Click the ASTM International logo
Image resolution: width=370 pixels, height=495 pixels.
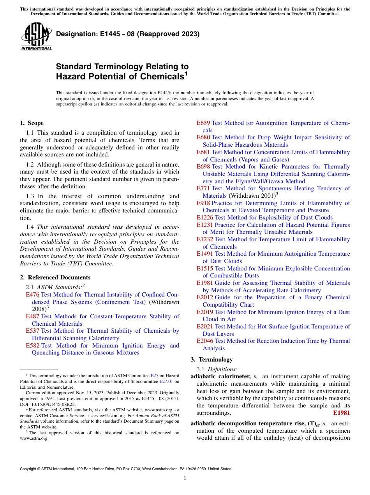click(x=36, y=37)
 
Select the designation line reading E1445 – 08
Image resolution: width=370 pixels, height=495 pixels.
click(x=128, y=34)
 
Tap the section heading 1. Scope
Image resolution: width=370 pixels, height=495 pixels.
click(x=32, y=123)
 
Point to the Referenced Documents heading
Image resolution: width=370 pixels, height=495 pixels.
click(x=55, y=277)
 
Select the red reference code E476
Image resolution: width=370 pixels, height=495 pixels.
click(x=32, y=295)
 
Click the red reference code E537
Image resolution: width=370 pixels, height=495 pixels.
click(x=32, y=331)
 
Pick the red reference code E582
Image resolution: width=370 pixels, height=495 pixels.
click(x=32, y=346)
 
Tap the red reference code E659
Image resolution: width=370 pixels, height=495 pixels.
click(x=203, y=123)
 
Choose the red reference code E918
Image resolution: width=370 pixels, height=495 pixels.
click(x=203, y=203)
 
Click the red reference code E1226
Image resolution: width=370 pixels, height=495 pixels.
click(x=205, y=218)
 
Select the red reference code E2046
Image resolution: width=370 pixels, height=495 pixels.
click(x=205, y=341)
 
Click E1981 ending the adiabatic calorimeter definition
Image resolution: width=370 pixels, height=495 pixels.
click(x=341, y=413)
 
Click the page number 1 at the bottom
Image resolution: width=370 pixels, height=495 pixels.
click(x=185, y=478)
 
